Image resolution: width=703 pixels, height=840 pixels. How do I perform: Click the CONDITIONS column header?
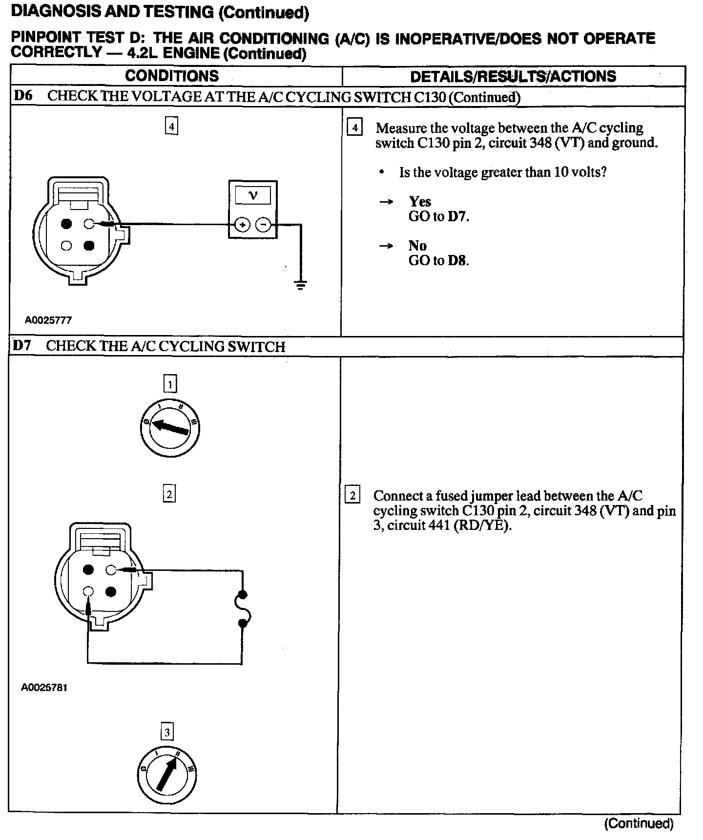(172, 76)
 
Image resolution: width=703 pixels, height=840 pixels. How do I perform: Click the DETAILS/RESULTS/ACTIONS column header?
(513, 76)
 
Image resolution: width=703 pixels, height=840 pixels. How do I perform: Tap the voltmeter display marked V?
(252, 196)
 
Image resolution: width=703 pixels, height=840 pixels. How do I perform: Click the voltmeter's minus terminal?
(263, 225)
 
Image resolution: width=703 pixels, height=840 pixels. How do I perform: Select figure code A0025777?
(48, 320)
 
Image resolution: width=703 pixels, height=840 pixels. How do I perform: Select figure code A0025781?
(44, 688)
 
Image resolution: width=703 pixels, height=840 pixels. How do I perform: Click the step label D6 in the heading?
(23, 95)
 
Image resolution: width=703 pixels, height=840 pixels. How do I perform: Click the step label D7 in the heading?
(22, 346)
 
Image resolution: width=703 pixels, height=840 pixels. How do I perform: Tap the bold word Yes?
(420, 201)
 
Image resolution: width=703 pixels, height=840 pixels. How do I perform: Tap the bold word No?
(417, 245)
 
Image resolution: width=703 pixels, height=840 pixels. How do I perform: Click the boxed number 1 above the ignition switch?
(170, 384)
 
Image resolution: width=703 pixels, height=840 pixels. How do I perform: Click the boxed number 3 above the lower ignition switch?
(167, 732)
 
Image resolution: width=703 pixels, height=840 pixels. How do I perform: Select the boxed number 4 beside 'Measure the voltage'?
(354, 128)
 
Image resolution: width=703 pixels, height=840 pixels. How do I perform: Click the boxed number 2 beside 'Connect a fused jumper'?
(352, 495)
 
